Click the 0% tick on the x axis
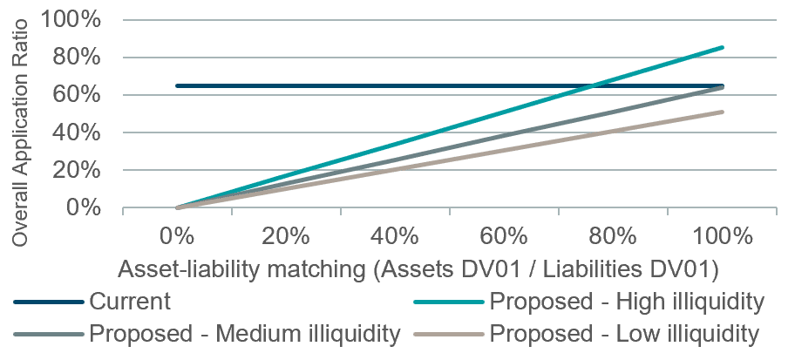point(177,236)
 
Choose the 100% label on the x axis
point(722,236)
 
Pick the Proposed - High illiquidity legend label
point(627,302)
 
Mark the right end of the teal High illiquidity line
point(722,47)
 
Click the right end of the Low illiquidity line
point(722,112)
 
